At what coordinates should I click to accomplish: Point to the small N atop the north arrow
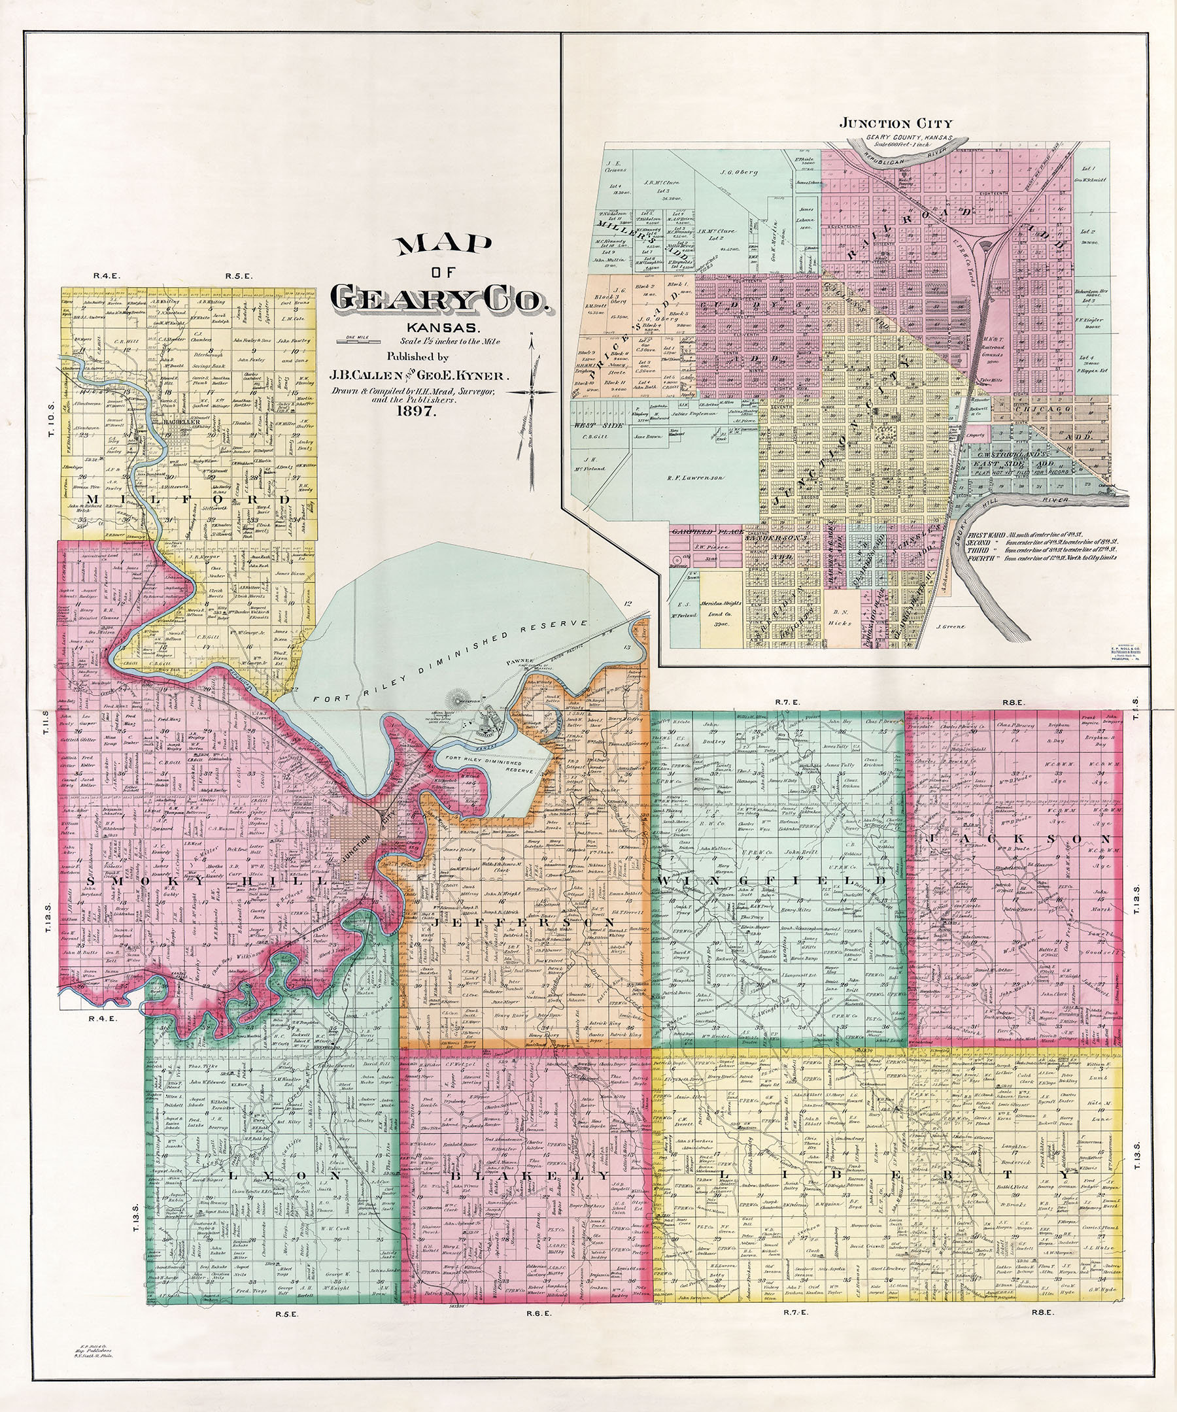click(531, 334)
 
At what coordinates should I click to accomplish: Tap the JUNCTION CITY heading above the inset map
click(895, 123)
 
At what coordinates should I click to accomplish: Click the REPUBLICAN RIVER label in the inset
click(908, 156)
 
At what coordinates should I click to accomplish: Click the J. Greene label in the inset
click(950, 626)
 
